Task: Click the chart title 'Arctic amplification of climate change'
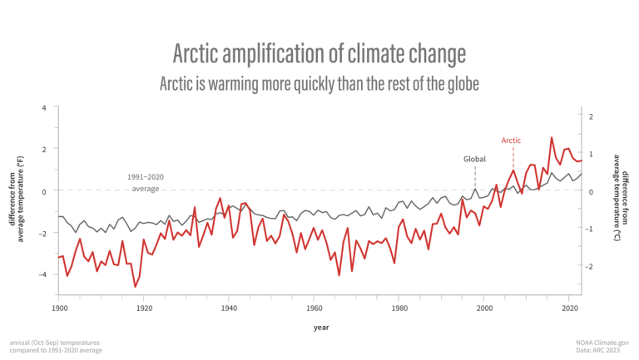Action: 319,54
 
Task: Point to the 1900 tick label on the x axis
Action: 58,308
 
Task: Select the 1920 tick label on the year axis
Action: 143,308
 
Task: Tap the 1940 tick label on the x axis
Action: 228,308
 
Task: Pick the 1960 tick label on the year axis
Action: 314,308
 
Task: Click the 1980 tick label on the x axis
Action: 399,308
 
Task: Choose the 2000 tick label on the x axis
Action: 483,308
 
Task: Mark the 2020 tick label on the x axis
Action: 568,308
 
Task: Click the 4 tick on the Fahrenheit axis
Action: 44,108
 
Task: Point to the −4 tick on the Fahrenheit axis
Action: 42,274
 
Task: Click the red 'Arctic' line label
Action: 511,141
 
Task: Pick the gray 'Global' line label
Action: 474,158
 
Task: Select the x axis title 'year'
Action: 321,327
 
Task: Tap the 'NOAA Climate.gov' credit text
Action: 602,342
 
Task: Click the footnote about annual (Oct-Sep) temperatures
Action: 57,346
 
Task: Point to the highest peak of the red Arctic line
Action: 552,138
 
